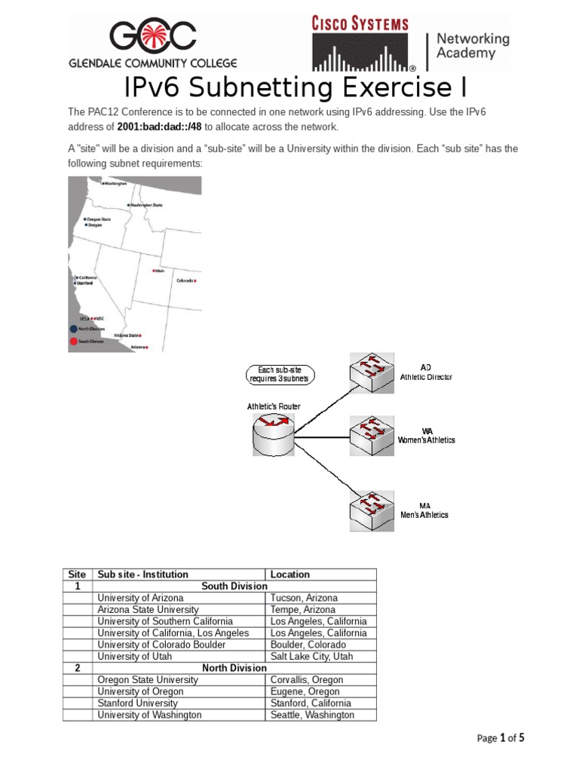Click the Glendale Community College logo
153,44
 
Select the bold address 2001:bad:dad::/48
159,127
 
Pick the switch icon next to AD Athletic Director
370,371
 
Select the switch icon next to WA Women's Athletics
370,435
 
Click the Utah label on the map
159,271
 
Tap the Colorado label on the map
185,280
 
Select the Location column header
290,574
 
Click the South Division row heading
234,586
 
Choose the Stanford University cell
137,703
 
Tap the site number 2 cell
78,668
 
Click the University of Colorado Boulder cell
161,645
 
